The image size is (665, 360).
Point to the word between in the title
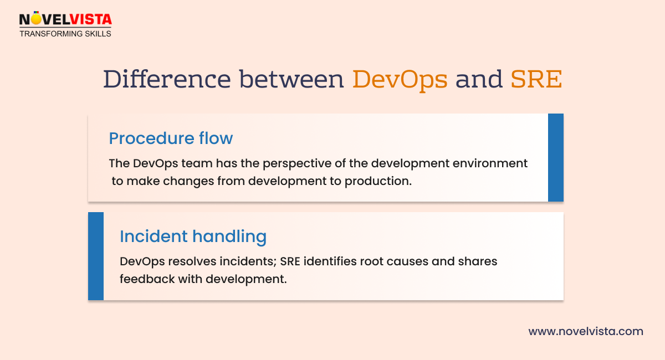292,79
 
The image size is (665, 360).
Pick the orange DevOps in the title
400,79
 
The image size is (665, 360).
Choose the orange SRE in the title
536,79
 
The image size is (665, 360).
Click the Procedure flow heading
171,138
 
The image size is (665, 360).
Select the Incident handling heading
193,236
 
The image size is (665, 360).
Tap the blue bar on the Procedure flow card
555,158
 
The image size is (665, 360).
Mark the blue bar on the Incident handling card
96,256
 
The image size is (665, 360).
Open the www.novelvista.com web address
586,332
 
